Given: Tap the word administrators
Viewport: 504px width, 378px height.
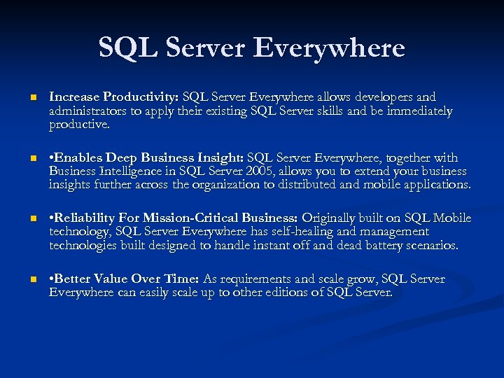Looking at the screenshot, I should pos(87,111).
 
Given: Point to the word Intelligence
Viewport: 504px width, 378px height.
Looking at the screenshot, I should pos(136,171).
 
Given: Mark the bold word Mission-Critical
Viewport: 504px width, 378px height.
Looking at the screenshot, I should pos(240,218).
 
